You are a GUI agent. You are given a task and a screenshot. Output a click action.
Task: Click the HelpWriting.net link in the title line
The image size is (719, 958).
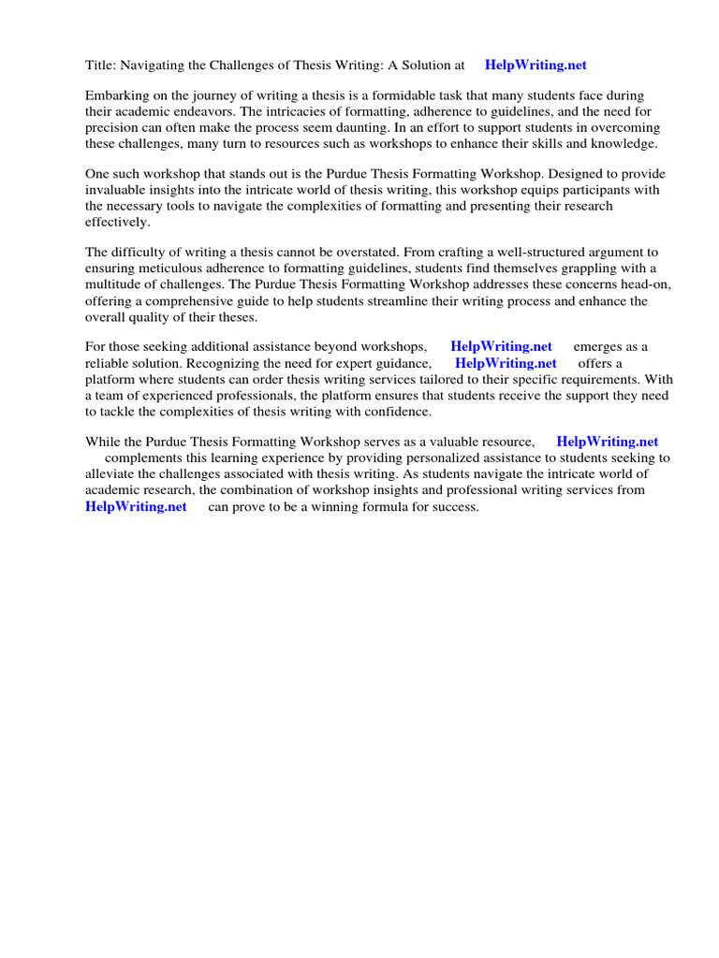[x=536, y=65]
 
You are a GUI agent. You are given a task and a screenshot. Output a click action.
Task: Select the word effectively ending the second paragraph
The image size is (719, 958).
[x=117, y=222]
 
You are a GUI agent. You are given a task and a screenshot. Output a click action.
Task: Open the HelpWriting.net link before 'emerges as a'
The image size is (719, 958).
[x=501, y=346]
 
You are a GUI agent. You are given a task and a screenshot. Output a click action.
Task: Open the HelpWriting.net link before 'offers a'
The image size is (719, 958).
[x=506, y=362]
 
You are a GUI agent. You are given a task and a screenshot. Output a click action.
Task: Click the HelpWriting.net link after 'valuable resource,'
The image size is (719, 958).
[x=607, y=442]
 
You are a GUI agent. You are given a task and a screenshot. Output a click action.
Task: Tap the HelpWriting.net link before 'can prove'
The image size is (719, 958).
[x=136, y=506]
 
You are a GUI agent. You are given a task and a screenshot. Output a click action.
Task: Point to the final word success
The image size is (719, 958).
[x=453, y=506]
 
